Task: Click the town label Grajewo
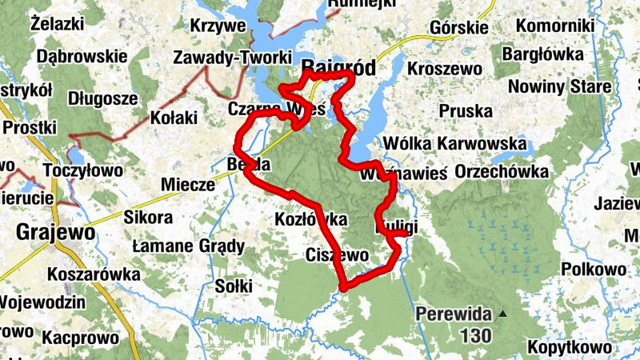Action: (x=55, y=233)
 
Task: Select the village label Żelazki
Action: (x=58, y=24)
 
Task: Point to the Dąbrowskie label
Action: (x=82, y=57)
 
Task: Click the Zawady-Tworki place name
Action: (x=218, y=58)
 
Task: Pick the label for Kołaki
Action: (x=174, y=118)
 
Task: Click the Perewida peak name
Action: (x=454, y=314)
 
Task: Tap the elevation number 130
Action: (x=476, y=336)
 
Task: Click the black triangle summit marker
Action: (x=502, y=314)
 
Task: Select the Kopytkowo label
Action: (x=569, y=348)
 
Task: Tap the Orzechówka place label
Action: (x=502, y=172)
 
